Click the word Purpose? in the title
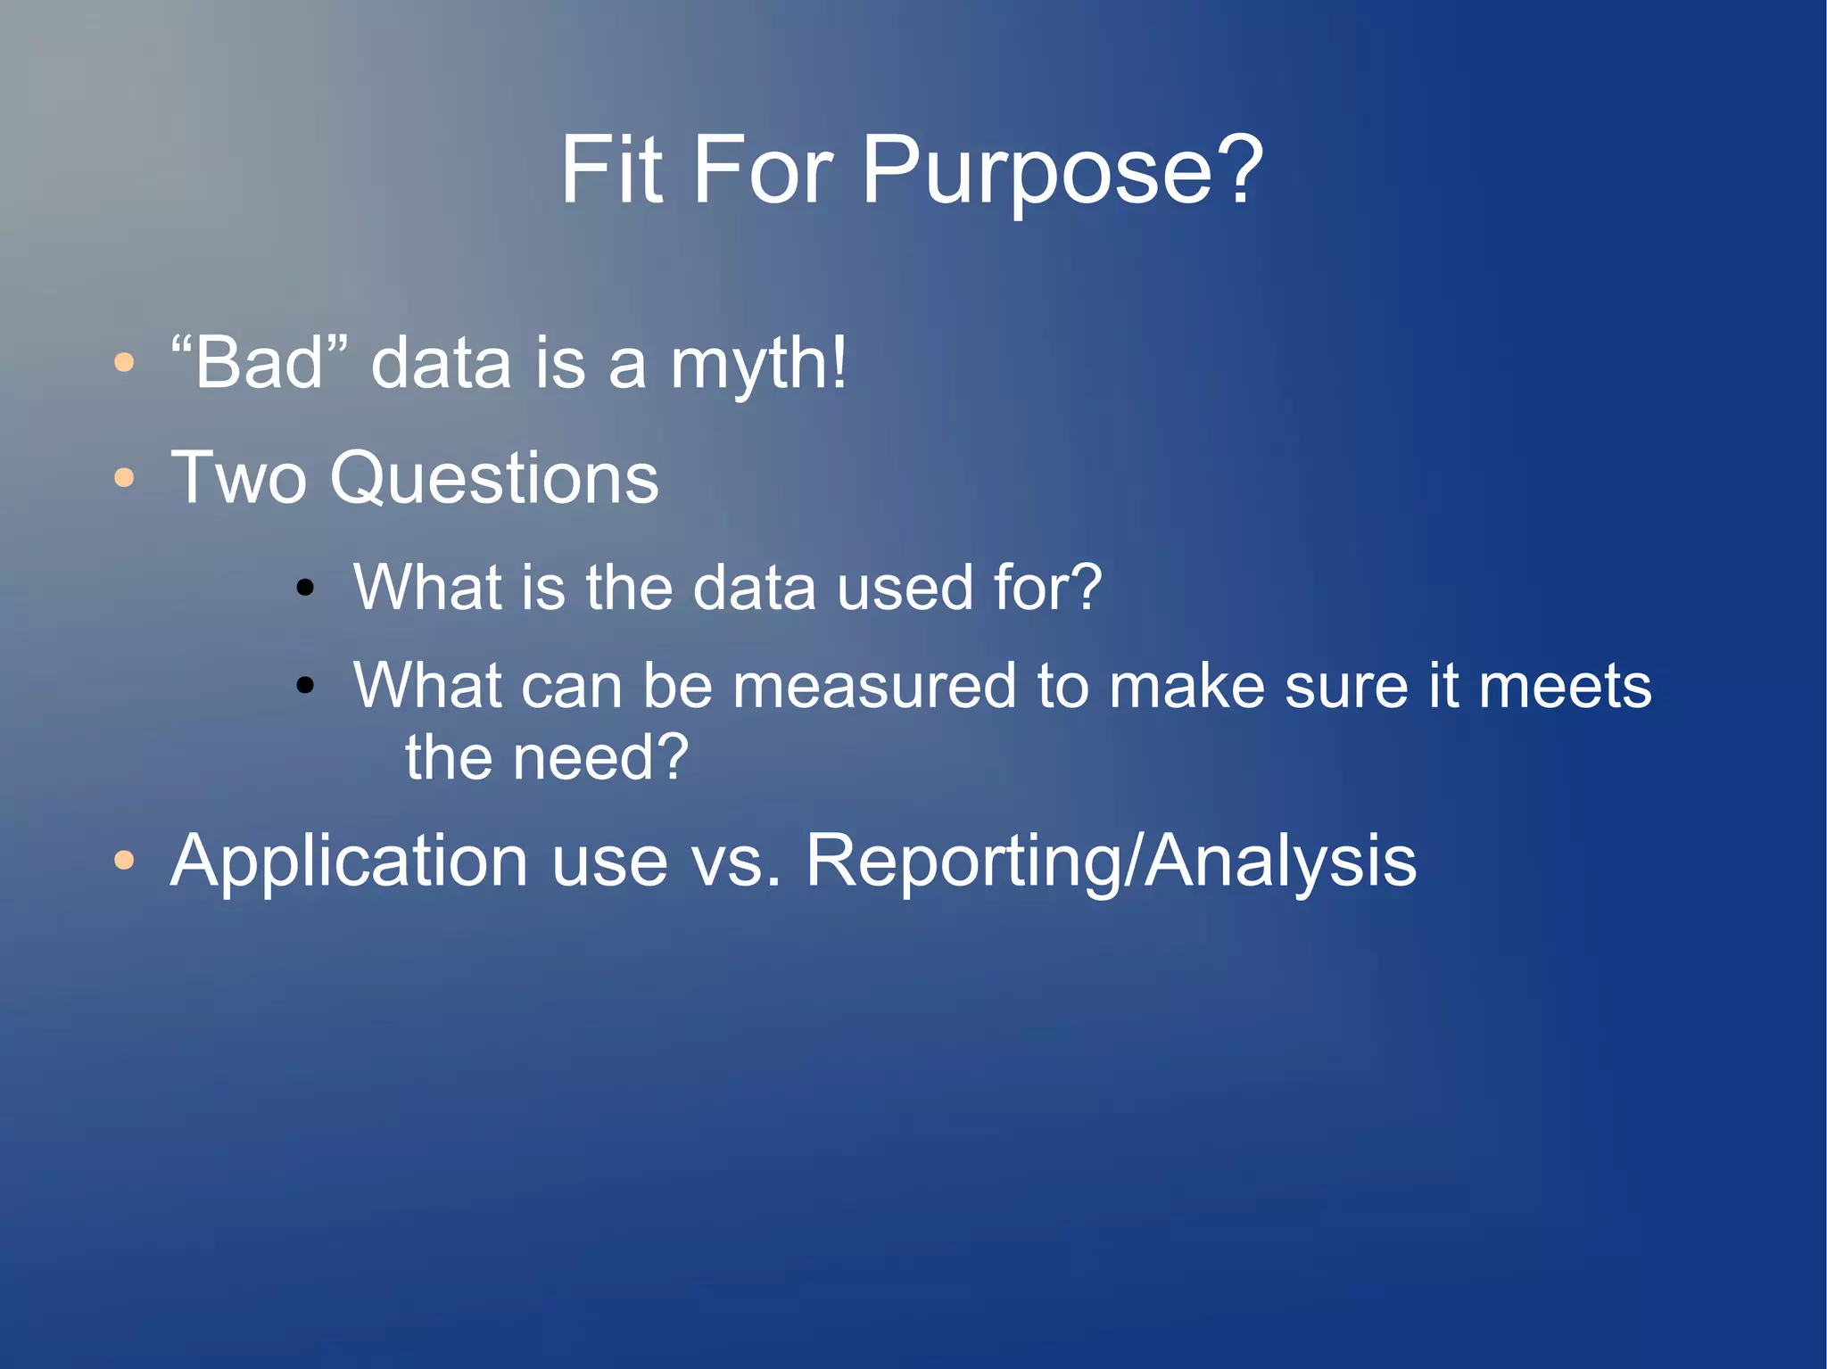1062,171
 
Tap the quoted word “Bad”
259,363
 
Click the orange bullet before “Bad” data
124,363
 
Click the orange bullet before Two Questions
124,478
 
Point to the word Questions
494,479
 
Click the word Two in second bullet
238,479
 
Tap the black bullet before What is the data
305,587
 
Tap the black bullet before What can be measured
305,685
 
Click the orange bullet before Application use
124,861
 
